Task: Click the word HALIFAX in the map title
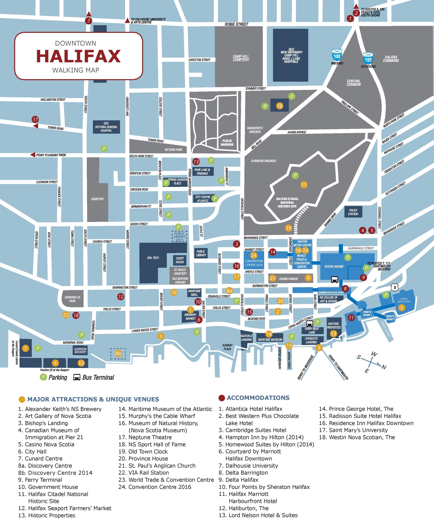[78, 56]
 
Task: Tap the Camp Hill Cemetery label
[241, 58]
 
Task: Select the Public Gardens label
[227, 142]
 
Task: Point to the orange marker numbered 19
[288, 228]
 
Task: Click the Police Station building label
[353, 212]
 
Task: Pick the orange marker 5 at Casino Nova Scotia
[402, 307]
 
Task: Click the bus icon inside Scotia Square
[334, 280]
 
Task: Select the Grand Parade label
[288, 279]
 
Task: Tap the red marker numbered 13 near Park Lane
[196, 162]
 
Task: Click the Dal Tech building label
[153, 258]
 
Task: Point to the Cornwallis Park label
[72, 299]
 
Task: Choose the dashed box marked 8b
[118, 353]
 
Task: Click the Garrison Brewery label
[80, 350]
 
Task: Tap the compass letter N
[384, 367]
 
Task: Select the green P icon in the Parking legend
[43, 377]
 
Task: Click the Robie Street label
[236, 24]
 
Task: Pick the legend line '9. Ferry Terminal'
[40, 480]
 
